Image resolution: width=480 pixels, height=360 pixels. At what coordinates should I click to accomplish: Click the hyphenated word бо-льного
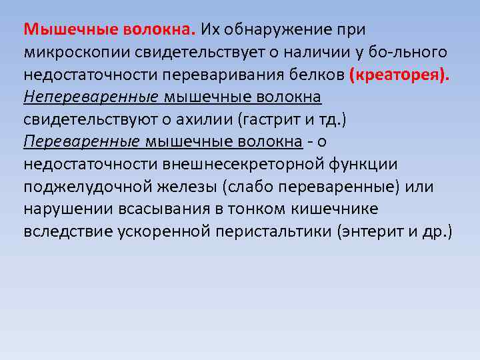pos(409,53)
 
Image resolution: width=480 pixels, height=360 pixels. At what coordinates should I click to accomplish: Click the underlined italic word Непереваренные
pos(91,98)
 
